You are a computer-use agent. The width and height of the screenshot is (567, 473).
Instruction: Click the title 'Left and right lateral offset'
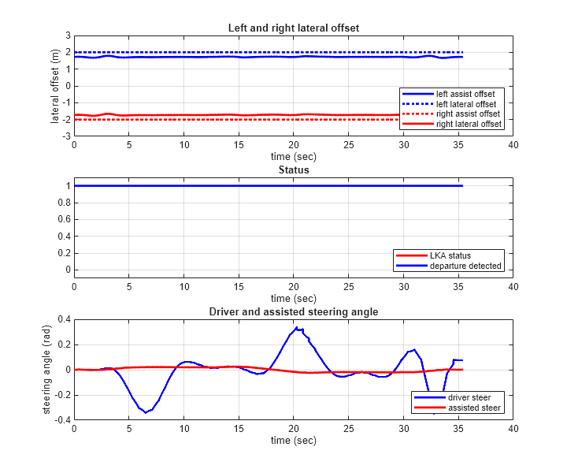coord(293,28)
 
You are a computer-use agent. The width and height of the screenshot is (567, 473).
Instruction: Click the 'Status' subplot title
coord(293,169)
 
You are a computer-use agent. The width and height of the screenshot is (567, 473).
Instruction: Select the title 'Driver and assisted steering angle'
coord(293,311)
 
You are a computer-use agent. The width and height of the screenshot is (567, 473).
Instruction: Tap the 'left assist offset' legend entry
coord(465,94)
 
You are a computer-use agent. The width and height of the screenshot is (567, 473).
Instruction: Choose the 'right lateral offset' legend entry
coord(469,125)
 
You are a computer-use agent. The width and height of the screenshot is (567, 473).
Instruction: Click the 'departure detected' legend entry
coord(465,266)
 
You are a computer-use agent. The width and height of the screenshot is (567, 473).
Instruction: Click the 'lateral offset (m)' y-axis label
coord(55,86)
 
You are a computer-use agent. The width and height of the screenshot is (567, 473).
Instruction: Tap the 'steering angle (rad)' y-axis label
coord(48,370)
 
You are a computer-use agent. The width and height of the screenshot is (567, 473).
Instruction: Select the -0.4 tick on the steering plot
coord(63,420)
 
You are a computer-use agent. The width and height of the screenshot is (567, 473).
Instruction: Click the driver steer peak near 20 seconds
coord(296,327)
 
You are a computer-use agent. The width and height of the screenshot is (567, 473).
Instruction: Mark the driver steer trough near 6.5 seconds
coord(146,412)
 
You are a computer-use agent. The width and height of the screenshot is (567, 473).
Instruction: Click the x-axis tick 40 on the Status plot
coord(513,287)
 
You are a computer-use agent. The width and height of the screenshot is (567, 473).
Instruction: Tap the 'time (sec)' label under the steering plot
coord(293,440)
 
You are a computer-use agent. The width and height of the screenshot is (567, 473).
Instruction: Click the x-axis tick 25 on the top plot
coord(348,145)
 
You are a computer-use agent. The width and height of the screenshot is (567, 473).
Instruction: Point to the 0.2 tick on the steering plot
coord(65,345)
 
